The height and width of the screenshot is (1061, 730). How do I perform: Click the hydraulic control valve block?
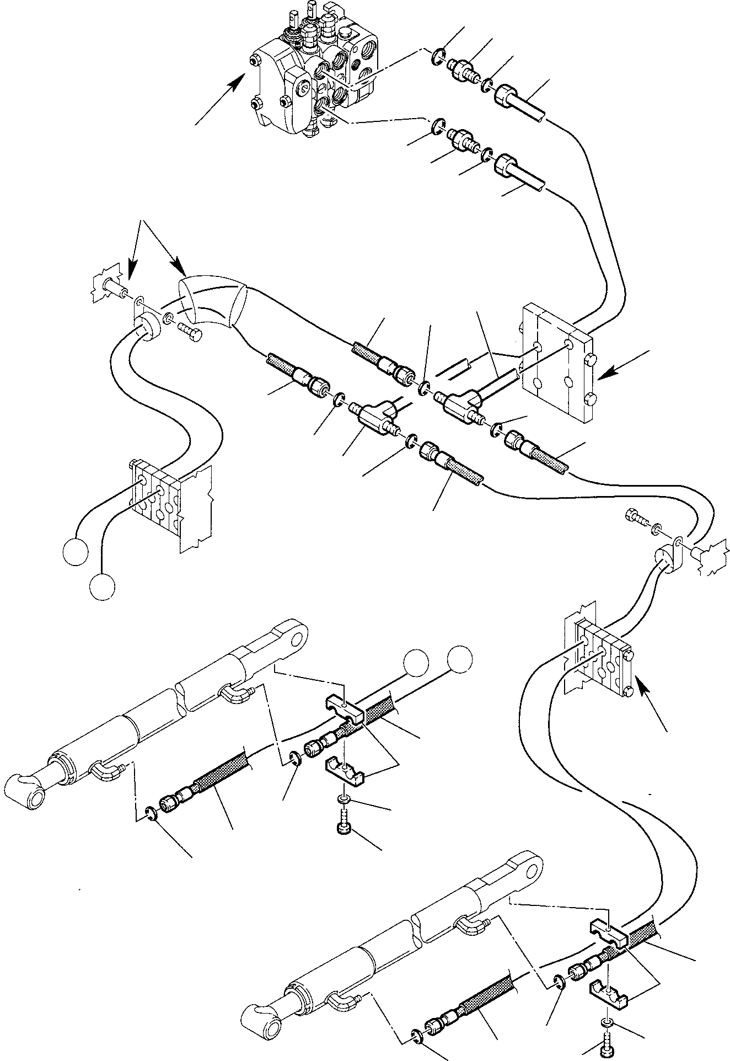tap(314, 72)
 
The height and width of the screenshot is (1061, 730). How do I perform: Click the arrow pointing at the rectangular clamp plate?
tap(622, 365)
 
